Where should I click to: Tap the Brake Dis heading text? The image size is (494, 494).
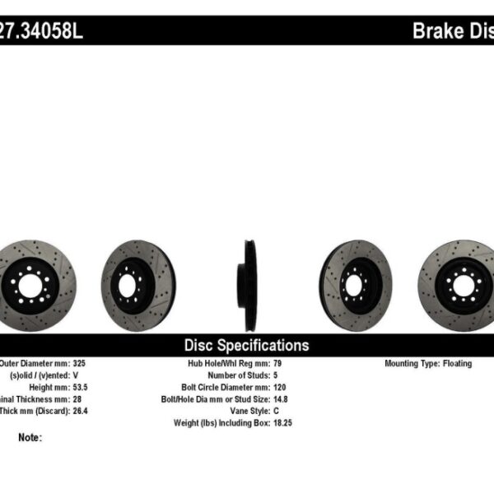452,31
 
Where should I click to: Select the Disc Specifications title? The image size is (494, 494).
246,345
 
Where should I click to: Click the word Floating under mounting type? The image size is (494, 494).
456,363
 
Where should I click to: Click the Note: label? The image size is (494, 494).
29,437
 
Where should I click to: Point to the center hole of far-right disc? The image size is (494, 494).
462,286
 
